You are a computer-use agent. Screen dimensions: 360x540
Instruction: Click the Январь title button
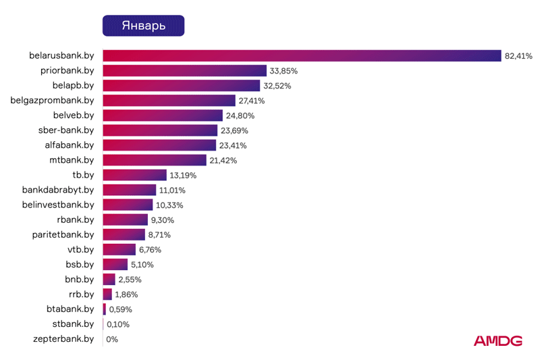tap(143, 25)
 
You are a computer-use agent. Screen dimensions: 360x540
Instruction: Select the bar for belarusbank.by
tap(302, 56)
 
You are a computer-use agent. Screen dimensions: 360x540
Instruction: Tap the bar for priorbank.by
tap(185, 71)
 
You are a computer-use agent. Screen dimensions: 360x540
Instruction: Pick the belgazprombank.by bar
tap(169, 101)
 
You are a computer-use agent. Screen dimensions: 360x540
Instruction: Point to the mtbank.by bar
tap(155, 160)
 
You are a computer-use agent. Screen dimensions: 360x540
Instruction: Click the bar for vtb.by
tap(119, 249)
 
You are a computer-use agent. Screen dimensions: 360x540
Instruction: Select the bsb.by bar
tap(115, 264)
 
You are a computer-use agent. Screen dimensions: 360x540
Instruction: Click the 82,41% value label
tap(518, 56)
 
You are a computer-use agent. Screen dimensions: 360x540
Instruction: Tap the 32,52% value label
tap(277, 86)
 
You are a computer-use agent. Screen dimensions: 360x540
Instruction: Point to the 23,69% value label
tap(234, 130)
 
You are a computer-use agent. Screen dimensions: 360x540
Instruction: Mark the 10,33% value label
tap(169, 205)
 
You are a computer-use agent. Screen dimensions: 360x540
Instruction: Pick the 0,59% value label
tap(120, 309)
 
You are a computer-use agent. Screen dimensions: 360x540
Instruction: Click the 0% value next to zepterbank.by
tap(112, 338)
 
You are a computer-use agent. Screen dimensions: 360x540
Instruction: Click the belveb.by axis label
tap(73, 115)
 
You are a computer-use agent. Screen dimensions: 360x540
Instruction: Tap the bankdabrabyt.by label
tap(58, 190)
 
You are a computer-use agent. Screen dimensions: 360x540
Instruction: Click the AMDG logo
tap(497, 341)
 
